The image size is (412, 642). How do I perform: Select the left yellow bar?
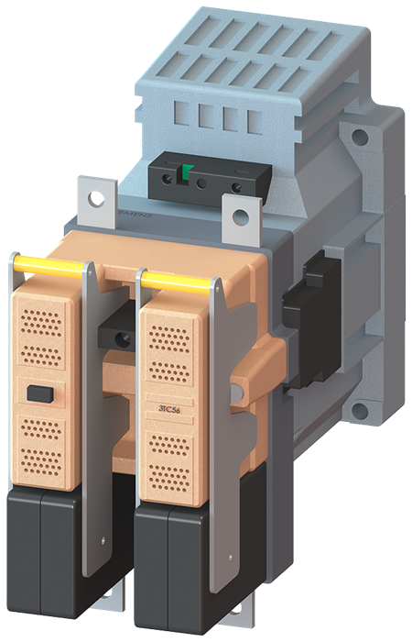click(x=47, y=267)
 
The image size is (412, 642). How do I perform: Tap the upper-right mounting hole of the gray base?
click(x=360, y=138)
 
